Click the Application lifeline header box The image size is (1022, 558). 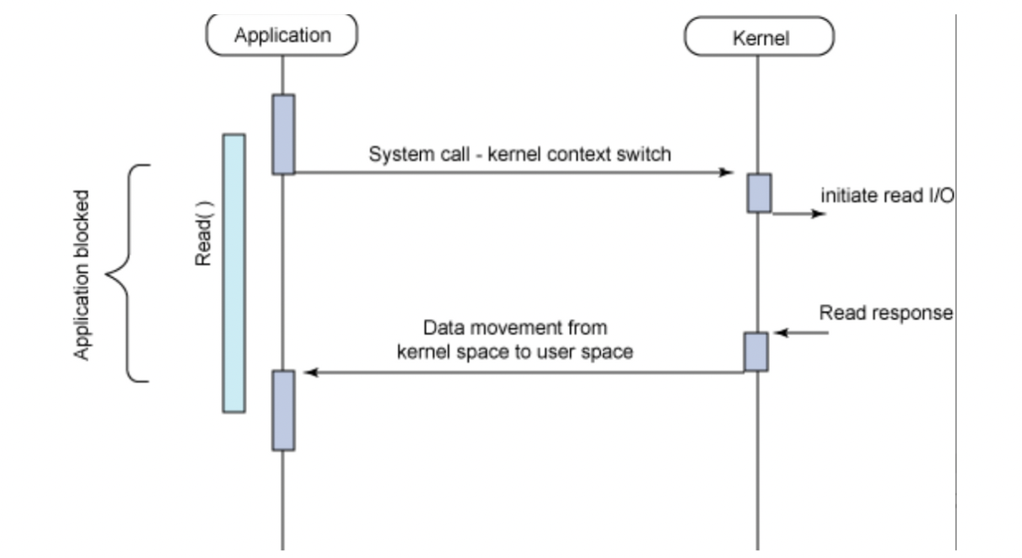282,34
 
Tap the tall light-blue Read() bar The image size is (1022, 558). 234,273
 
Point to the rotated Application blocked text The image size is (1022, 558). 81,274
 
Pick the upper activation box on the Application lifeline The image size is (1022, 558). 283,134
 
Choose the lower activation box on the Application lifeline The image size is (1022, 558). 283,410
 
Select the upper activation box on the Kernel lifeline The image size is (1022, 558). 759,193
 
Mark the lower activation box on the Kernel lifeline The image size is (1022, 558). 756,351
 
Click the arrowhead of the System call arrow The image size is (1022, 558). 728,172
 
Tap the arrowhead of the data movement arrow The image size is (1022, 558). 309,372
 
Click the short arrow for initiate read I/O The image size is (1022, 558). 799,213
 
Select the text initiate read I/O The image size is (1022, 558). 886,196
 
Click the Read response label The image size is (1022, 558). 886,313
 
